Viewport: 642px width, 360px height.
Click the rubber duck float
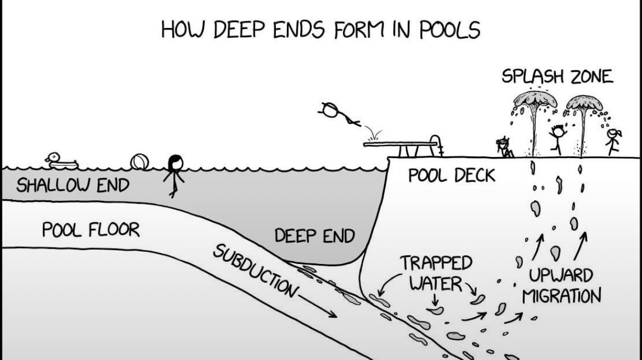click(x=62, y=161)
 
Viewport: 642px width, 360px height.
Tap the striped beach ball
click(x=139, y=162)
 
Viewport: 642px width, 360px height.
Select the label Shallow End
click(x=73, y=185)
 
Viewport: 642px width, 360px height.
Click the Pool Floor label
click(x=91, y=230)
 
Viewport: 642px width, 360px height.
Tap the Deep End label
click(x=314, y=236)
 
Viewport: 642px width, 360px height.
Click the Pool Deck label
click(x=452, y=176)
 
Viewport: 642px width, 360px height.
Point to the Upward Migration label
click(x=561, y=285)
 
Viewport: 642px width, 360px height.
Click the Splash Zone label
click(x=557, y=77)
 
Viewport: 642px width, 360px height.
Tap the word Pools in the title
click(x=449, y=30)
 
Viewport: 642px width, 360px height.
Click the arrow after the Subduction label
click(x=318, y=306)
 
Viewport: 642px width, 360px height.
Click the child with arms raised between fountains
click(x=557, y=139)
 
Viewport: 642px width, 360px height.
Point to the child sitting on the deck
click(x=504, y=148)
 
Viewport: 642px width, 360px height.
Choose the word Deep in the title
click(x=239, y=30)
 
